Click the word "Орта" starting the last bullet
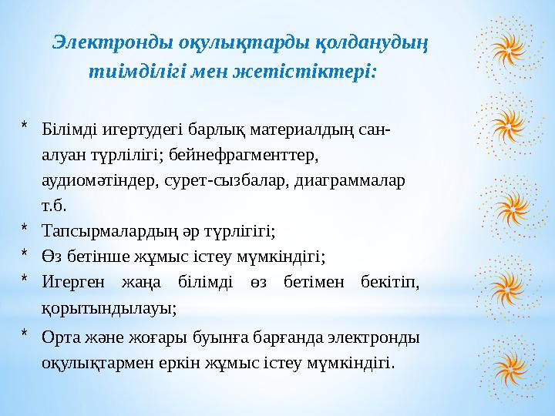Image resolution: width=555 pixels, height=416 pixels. (x=59, y=337)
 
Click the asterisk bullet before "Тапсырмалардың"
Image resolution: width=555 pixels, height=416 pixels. (x=25, y=230)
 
